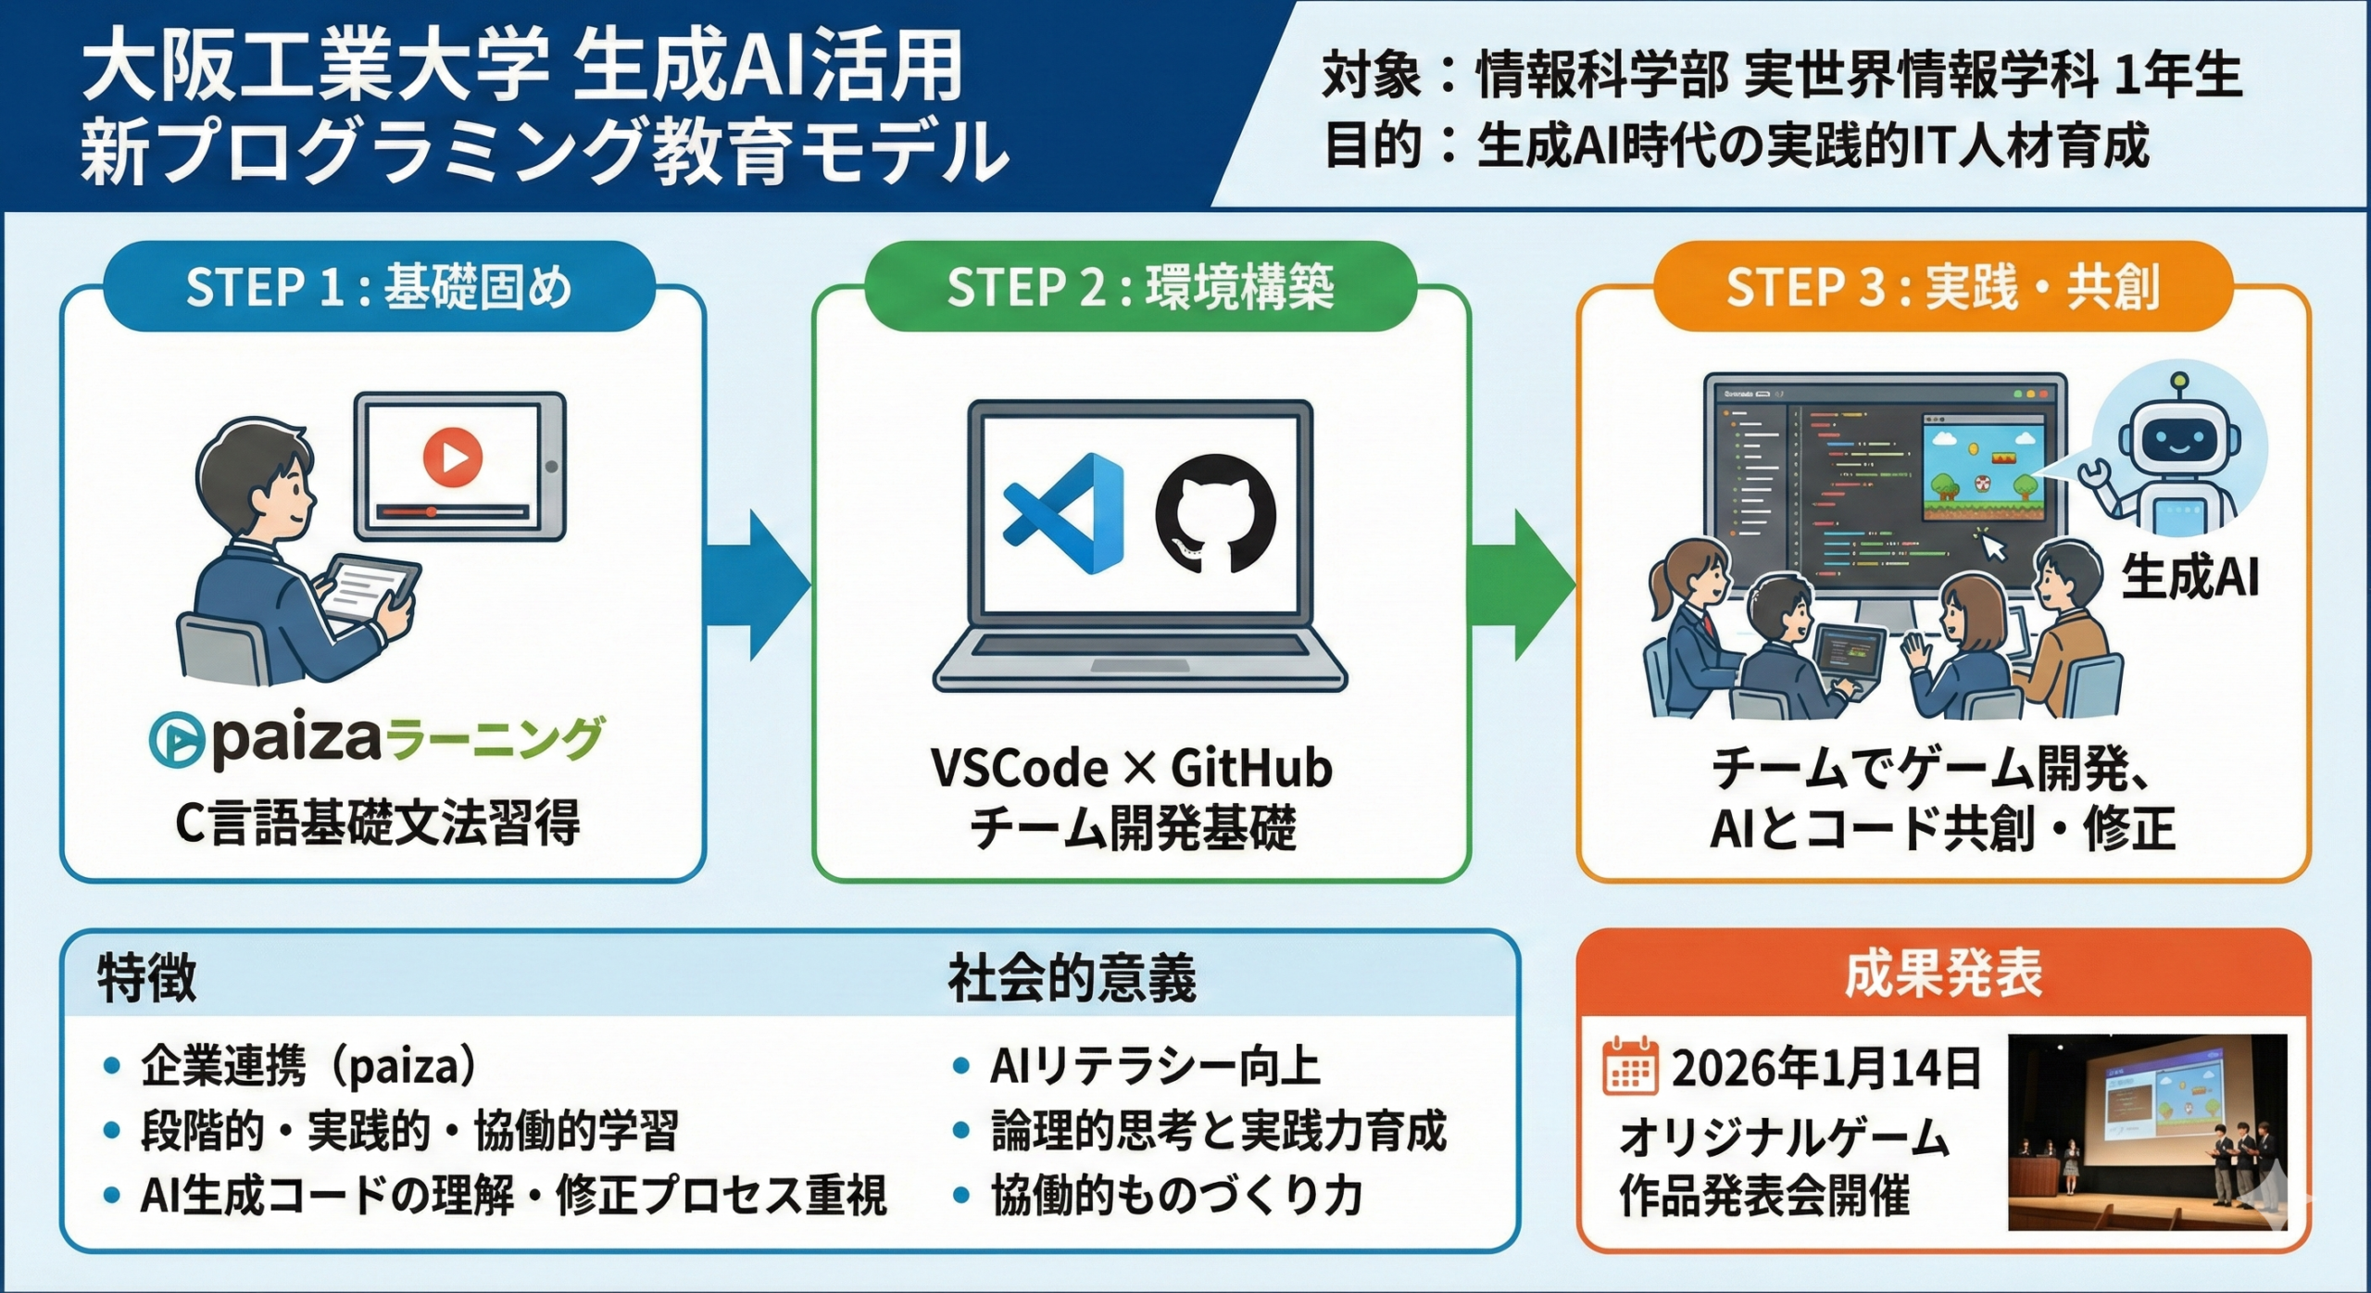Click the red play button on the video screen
pos(452,456)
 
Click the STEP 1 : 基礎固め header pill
pos(379,286)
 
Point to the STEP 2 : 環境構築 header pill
pos(1140,286)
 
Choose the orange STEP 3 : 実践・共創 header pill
pos(1942,286)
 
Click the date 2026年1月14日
pos(1825,1068)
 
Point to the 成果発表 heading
pos(1942,973)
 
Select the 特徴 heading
pos(147,978)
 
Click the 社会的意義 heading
pos(1072,978)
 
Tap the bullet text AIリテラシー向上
pos(1155,1066)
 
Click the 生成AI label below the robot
pos(2189,577)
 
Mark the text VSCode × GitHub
pos(1131,768)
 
